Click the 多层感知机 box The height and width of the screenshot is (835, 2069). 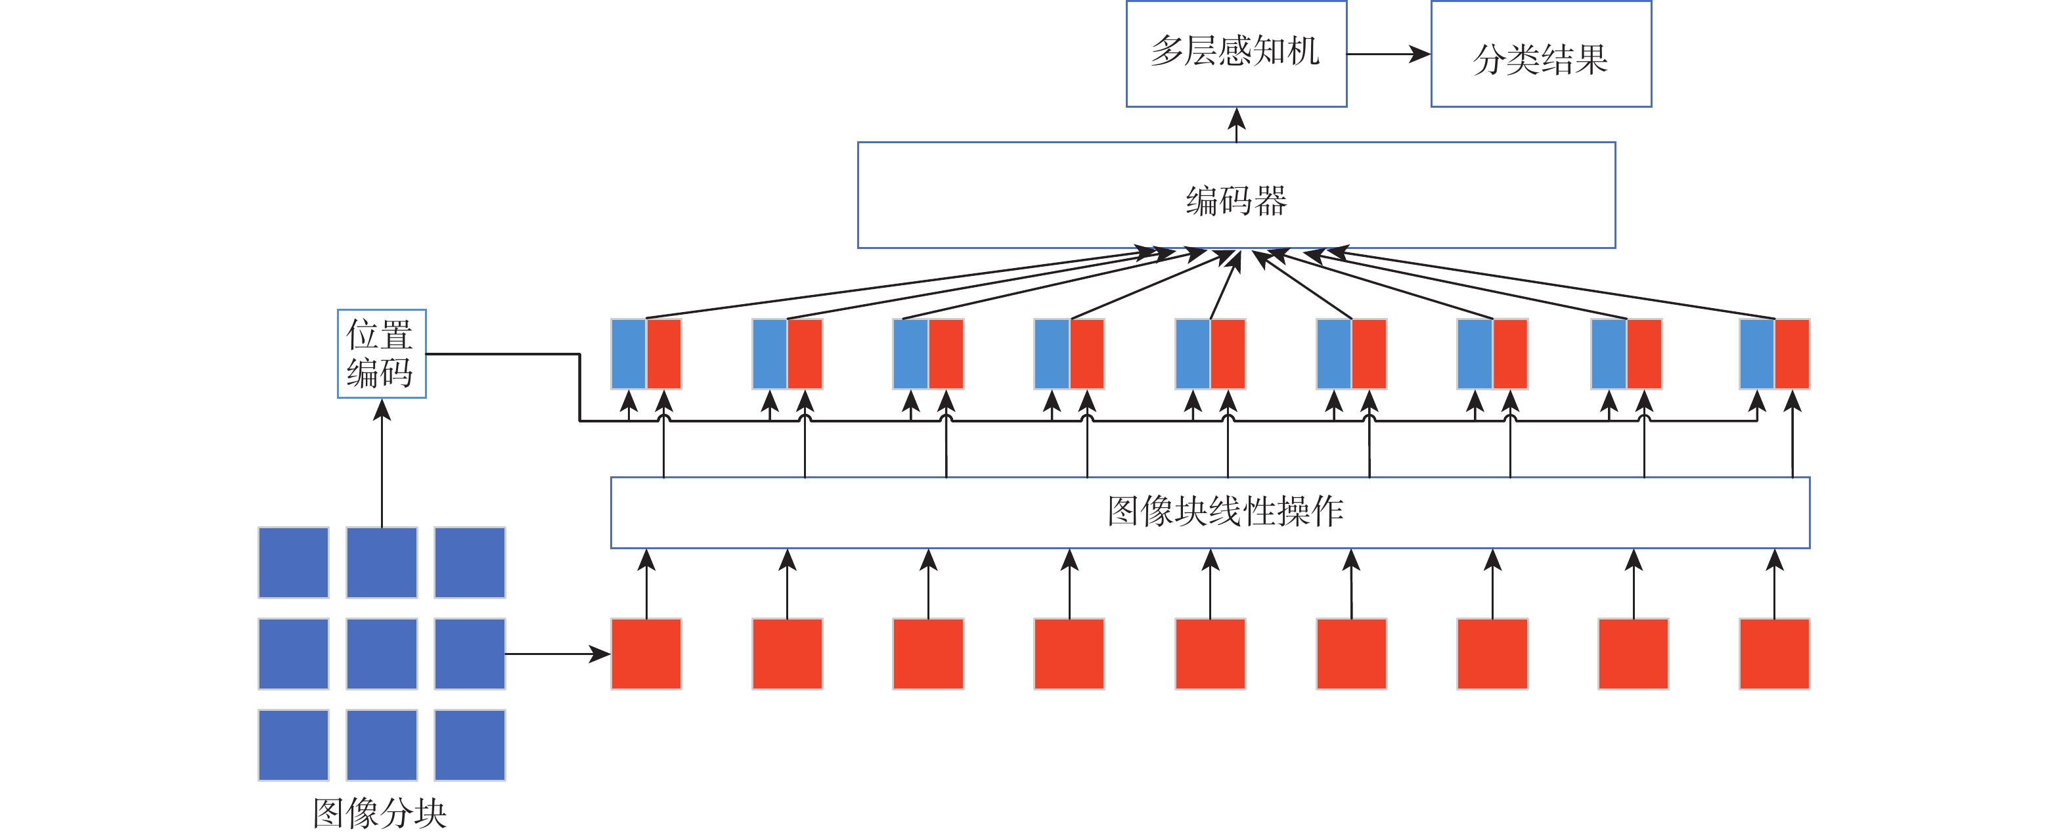(x=1236, y=53)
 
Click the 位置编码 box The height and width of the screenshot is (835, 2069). (x=381, y=353)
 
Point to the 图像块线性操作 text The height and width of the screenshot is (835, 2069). (x=1225, y=512)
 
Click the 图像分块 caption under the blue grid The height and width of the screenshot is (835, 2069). (x=379, y=813)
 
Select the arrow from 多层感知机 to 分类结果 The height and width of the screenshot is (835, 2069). (x=1388, y=54)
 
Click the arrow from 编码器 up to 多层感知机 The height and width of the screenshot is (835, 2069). (x=1237, y=125)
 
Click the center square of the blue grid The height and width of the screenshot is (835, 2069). (x=382, y=654)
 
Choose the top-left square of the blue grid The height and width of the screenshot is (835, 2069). (x=293, y=562)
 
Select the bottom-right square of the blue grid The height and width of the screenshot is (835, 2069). (x=470, y=745)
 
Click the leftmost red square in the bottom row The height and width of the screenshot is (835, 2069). (x=646, y=654)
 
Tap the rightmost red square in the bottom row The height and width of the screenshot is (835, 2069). (x=1774, y=654)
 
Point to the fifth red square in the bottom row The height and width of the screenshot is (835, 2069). (x=1210, y=654)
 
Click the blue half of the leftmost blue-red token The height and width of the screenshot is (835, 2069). (x=629, y=353)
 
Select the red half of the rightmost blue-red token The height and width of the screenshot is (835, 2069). (x=1792, y=353)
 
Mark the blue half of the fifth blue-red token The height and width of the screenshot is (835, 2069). (x=1193, y=353)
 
